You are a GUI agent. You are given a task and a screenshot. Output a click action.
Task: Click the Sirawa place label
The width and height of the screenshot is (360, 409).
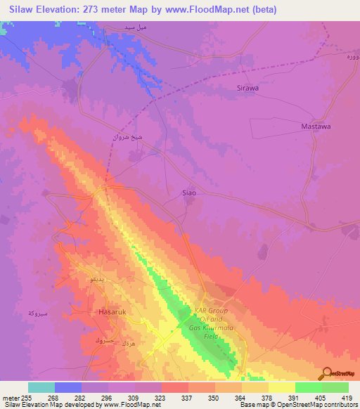pyautogui.click(x=247, y=89)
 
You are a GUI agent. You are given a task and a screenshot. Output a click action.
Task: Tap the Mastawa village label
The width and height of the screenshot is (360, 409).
pyautogui.click(x=316, y=126)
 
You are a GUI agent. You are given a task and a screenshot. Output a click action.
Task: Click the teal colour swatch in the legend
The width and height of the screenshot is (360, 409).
pyautogui.click(x=41, y=387)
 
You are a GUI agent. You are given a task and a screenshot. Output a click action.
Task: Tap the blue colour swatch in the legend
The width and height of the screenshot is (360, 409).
pyautogui.click(x=68, y=387)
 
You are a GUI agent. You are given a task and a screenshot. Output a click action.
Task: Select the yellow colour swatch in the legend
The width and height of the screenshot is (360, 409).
pyautogui.click(x=281, y=387)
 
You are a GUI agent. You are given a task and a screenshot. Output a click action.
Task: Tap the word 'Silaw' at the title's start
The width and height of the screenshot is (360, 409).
pyautogui.click(x=16, y=10)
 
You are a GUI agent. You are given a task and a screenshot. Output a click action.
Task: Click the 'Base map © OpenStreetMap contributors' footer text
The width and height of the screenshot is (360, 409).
pyautogui.click(x=298, y=405)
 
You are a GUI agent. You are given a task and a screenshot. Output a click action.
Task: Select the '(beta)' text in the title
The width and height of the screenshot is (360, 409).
pyautogui.click(x=264, y=10)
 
